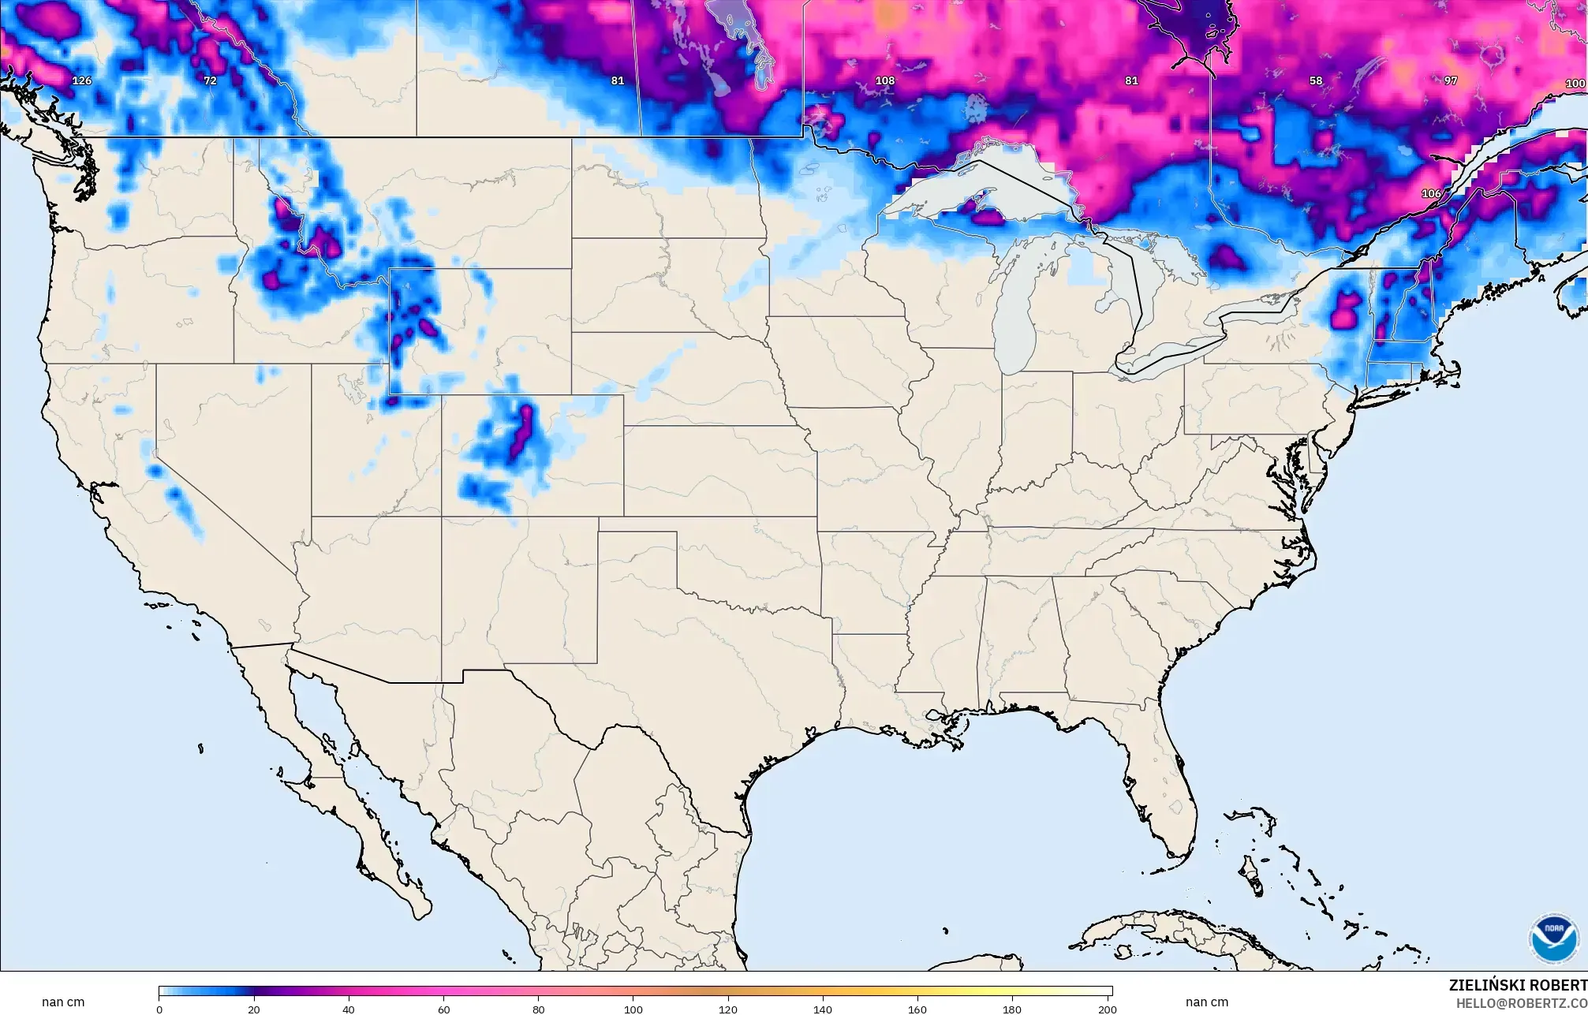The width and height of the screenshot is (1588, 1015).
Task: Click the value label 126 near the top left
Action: point(81,80)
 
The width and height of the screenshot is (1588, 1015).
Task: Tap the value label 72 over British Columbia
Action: point(210,80)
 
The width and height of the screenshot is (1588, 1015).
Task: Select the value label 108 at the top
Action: point(885,80)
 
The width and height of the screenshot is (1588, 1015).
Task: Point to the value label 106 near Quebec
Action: point(1431,193)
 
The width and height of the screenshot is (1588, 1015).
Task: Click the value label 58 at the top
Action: point(1316,80)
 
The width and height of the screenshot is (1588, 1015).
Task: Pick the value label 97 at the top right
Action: point(1451,80)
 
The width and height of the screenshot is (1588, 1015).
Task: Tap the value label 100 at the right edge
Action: point(1575,84)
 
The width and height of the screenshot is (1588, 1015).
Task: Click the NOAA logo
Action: point(1554,938)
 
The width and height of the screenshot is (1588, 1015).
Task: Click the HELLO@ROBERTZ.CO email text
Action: point(1521,1003)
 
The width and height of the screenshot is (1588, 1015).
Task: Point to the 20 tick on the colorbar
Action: point(253,1009)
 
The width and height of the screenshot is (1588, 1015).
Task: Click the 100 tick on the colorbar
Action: point(633,1009)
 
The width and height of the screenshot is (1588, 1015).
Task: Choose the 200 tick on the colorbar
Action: point(1107,1009)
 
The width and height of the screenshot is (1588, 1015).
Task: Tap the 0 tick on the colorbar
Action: point(159,1009)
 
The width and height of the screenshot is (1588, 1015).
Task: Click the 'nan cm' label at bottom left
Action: point(63,1002)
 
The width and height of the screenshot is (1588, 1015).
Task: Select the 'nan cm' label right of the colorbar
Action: point(1207,1002)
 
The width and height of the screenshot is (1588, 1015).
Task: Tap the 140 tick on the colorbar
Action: point(823,1009)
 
